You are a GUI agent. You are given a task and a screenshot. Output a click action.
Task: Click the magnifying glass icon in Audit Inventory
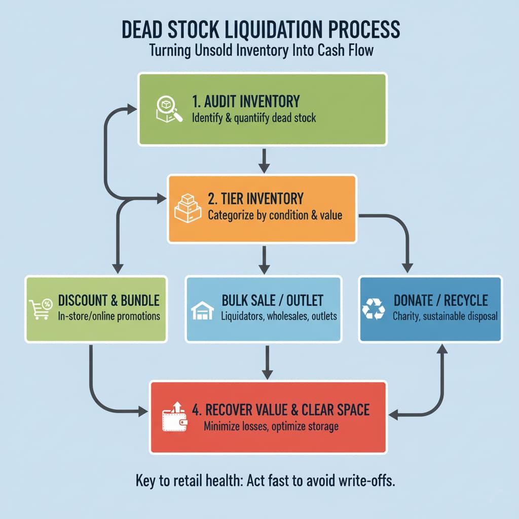(x=168, y=108)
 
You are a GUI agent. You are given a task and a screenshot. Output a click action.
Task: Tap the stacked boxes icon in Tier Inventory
(x=188, y=209)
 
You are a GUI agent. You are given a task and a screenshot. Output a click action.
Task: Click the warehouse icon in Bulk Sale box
(x=202, y=311)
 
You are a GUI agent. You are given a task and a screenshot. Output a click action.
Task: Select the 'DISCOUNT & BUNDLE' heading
(x=108, y=300)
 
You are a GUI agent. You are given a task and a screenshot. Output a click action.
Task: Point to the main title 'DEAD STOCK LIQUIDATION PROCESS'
(x=259, y=30)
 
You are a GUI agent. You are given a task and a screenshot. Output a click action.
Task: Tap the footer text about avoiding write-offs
(x=265, y=480)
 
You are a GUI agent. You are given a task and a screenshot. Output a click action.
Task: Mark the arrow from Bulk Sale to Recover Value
(x=268, y=362)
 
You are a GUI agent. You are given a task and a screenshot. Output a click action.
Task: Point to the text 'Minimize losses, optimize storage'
(x=271, y=426)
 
